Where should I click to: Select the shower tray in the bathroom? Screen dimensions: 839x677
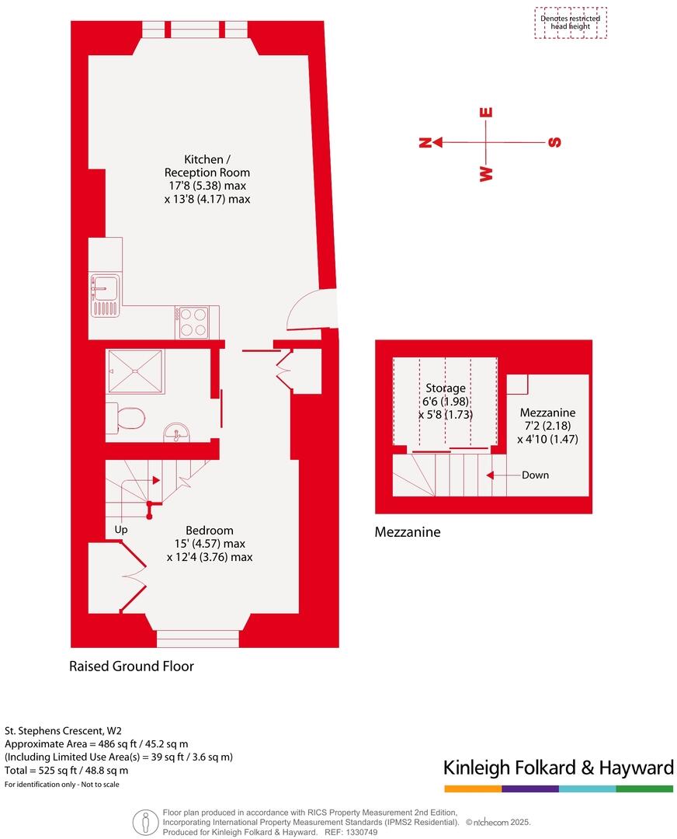[136, 371]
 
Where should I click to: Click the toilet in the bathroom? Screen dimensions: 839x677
[127, 419]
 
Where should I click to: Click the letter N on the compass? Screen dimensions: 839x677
[425, 142]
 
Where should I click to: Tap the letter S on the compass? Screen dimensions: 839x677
[554, 142]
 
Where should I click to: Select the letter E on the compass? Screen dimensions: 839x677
[487, 112]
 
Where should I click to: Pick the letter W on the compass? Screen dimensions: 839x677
[487, 173]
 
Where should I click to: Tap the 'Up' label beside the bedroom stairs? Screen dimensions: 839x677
[120, 529]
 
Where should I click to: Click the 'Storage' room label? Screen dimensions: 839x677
[446, 388]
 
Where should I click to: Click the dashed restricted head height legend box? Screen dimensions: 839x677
[571, 23]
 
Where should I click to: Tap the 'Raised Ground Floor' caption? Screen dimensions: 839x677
[131, 667]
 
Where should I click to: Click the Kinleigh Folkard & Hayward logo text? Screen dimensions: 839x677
[557, 768]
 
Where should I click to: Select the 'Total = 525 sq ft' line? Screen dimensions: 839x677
[67, 771]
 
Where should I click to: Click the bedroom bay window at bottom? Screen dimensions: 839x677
[197, 639]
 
